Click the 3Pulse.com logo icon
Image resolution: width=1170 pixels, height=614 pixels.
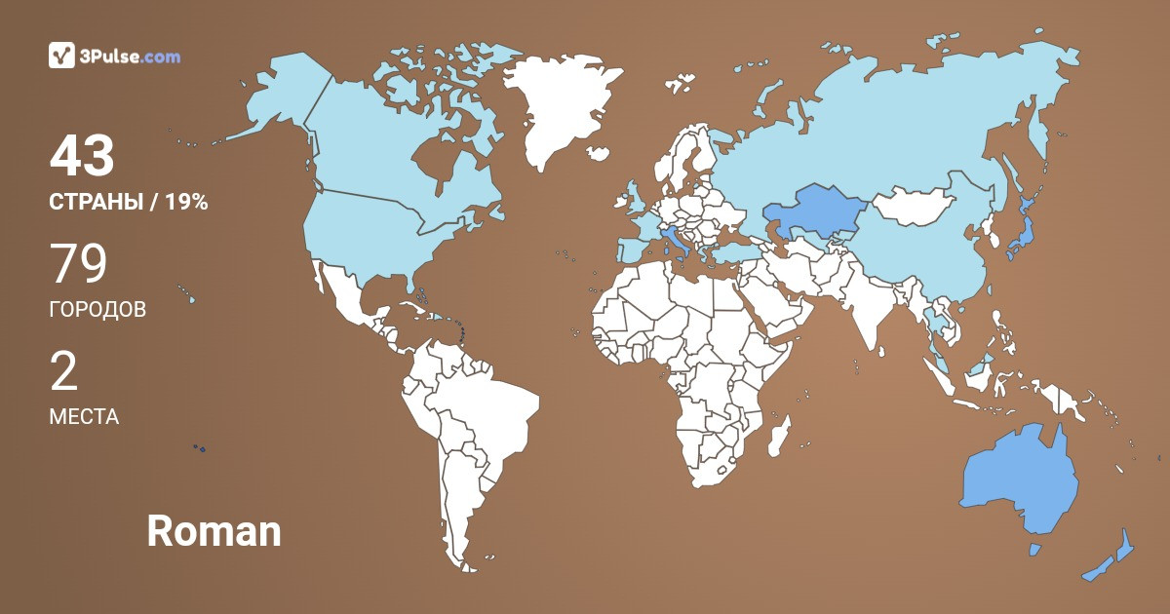62,56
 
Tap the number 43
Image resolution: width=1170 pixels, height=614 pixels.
82,157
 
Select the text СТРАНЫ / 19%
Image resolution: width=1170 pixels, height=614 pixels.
128,203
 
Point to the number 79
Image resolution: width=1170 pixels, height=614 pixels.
78,264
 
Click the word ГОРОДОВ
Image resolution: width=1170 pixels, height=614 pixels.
97,310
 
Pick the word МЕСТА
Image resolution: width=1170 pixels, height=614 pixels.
84,417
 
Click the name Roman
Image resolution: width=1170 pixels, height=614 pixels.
214,531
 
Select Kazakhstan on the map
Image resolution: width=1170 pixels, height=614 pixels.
809,212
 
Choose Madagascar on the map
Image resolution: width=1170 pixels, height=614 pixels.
778,436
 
